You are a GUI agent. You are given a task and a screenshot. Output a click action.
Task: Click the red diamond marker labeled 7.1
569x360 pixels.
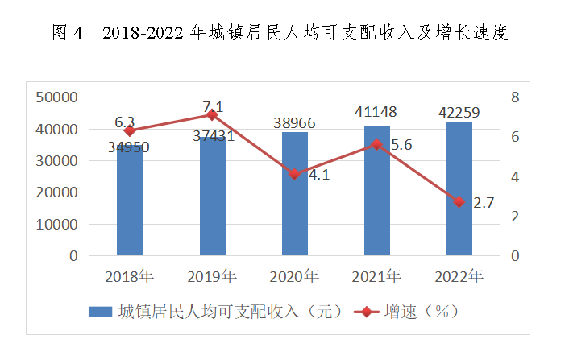coord(212,115)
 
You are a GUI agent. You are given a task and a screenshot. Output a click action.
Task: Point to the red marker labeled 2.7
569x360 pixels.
coord(459,202)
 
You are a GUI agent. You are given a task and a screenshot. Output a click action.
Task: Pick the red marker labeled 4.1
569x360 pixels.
coord(295,174)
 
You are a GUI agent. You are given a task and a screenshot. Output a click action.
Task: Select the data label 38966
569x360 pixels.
coord(294,123)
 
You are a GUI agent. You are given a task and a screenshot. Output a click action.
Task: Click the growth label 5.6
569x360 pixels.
coord(400,146)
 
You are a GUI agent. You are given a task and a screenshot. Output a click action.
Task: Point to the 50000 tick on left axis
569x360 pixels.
coord(57,97)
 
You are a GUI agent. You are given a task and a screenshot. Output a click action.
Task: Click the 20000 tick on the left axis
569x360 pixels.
coord(57,192)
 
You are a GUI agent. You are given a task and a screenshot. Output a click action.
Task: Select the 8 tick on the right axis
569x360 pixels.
coord(515,97)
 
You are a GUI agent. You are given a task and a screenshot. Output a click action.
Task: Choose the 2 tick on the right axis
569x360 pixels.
coord(515,217)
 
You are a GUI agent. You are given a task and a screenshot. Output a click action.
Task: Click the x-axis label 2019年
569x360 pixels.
coord(212,277)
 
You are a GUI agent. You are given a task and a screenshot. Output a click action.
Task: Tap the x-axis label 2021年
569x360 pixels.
coord(377,277)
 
